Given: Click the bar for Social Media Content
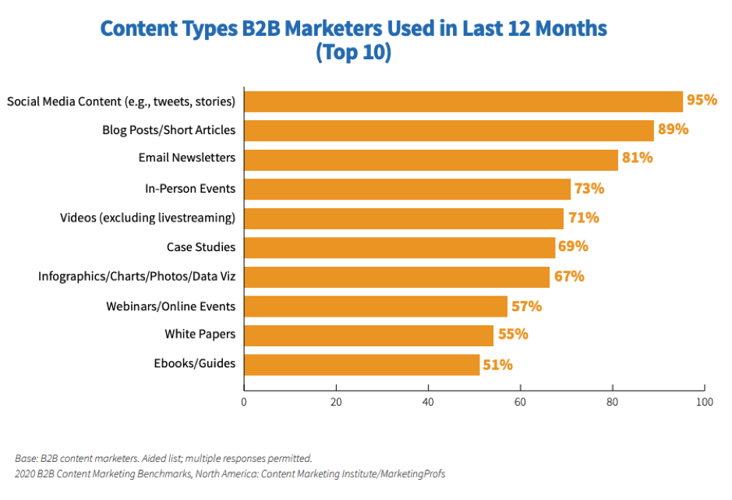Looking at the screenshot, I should [464, 101].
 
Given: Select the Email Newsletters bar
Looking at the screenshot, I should [431, 160].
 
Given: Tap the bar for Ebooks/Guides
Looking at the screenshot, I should [362, 364].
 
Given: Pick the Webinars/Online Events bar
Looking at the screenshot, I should [376, 306].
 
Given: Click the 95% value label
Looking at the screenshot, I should [702, 100].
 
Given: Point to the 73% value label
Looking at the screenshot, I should [589, 188].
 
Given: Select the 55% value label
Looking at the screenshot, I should [513, 334].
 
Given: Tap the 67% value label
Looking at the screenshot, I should [569, 276].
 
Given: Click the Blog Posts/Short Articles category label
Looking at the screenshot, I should [168, 129].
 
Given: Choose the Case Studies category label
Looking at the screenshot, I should [200, 247].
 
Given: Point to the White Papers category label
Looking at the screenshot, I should [200, 334].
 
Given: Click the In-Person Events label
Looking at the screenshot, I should [190, 189].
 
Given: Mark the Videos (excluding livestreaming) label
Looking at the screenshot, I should [147, 218].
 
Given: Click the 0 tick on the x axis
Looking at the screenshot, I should [244, 402].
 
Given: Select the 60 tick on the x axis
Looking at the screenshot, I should [520, 402].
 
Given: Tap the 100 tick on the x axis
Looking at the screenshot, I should [704, 402].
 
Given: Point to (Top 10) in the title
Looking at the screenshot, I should [353, 54].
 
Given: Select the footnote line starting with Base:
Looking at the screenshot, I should [163, 459].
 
